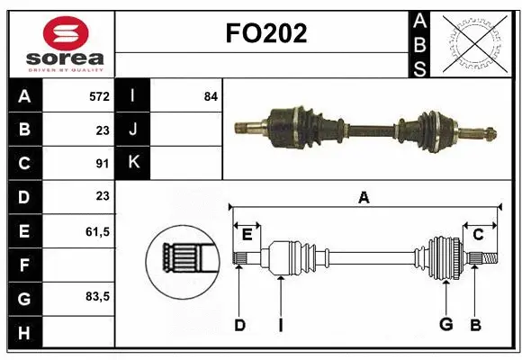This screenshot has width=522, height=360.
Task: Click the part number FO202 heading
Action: coord(265,32)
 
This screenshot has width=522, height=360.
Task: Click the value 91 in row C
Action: coord(103,164)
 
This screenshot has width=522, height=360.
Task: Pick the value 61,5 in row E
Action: coord(97,231)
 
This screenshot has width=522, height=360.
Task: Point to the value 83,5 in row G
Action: coord(97,296)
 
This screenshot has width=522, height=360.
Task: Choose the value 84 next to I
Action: coord(211,95)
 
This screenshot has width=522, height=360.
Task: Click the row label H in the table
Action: coord(24,332)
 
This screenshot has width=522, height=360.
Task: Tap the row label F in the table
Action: coord(24,265)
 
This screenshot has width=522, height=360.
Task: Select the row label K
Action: coord(133,163)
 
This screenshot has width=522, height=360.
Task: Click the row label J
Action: coord(133,130)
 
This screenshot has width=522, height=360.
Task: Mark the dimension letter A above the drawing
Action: coord(364,198)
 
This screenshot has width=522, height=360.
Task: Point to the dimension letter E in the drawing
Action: coord(247,235)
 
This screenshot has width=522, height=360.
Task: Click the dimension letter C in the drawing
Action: coord(478,235)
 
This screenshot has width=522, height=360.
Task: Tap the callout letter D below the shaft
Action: coord(239,325)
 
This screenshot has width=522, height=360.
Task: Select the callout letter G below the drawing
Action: coord(445,325)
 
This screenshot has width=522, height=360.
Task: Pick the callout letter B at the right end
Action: coord(476,325)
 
